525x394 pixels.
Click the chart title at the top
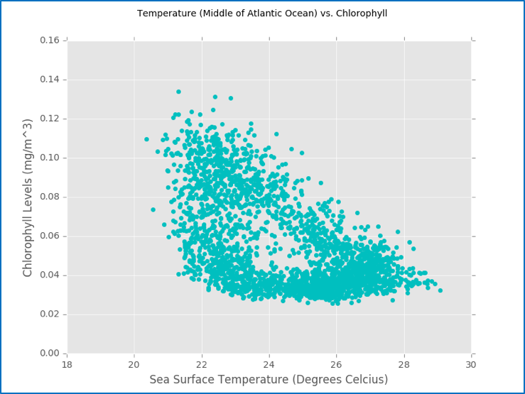point(262,13)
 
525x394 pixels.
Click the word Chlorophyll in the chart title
point(362,13)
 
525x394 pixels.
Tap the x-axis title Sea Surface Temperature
point(269,380)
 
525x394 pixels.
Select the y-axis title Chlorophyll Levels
point(28,197)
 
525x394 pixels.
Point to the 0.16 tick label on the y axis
point(48,40)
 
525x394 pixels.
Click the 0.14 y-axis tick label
point(48,80)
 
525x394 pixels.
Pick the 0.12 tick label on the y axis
point(48,119)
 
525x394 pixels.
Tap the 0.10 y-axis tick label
point(48,158)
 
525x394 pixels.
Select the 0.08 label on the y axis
point(48,197)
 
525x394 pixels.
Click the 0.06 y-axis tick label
point(48,236)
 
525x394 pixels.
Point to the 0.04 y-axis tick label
point(48,275)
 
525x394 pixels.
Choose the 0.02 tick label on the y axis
point(48,314)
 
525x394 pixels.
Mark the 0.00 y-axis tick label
point(48,353)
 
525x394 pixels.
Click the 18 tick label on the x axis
point(67,364)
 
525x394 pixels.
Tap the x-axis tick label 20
point(134,364)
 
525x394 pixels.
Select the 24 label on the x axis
point(269,364)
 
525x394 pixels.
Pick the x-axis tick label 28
point(404,364)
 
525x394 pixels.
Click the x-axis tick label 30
point(470,364)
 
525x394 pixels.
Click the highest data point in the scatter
point(178,92)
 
